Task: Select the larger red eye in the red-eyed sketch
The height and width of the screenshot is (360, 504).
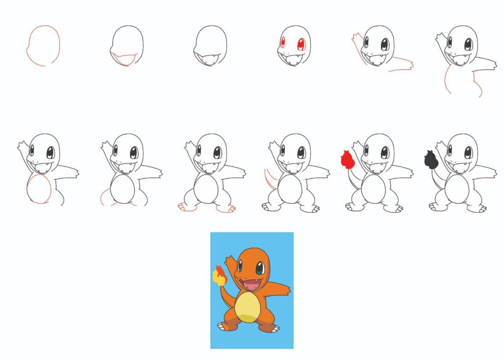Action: (x=301, y=44)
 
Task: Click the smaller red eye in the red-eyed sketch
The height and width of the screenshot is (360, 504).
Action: (x=283, y=43)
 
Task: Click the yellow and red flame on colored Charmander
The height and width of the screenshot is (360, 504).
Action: (x=219, y=275)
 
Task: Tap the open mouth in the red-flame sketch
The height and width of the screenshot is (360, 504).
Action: (x=378, y=167)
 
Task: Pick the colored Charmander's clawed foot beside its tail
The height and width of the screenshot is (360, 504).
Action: (x=224, y=326)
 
